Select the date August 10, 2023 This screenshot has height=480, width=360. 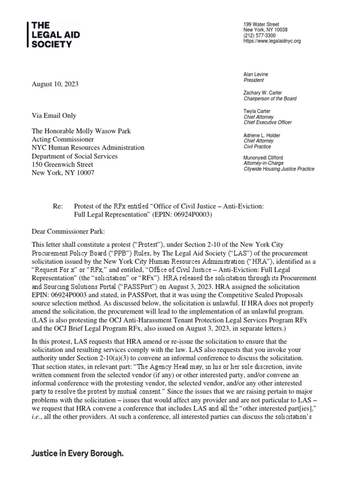tap(55, 84)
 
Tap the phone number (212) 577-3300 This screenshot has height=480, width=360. tap(259, 36)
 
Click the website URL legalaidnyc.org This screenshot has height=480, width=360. tap(272, 41)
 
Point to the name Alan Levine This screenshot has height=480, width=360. tap(256, 75)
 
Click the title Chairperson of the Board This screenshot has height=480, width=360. tap(270, 99)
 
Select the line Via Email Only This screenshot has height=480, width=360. tap(53, 116)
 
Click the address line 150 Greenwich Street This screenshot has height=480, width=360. tap(62, 165)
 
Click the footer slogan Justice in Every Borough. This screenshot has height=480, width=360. tap(78, 454)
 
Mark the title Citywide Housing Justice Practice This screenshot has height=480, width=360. tap(278, 169)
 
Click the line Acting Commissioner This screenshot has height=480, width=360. tap(62, 140)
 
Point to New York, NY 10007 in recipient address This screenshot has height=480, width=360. tap(62, 173)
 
